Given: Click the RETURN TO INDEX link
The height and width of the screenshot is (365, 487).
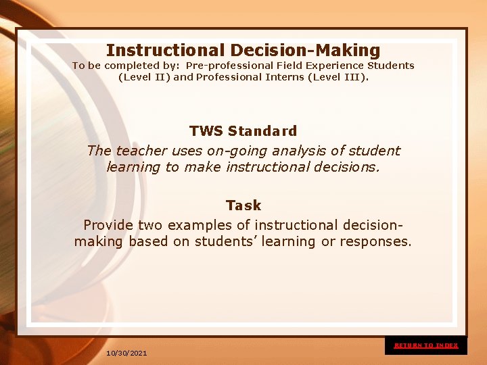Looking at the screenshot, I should (x=426, y=345).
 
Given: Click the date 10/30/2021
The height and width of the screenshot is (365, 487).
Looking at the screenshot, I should (x=126, y=354).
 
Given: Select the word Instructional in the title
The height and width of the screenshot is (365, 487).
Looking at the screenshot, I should (x=165, y=50).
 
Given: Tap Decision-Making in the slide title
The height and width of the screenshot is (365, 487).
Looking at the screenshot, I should (x=305, y=50).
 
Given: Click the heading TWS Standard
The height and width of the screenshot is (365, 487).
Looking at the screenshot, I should (x=243, y=130).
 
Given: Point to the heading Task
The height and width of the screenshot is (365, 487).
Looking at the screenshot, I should (x=243, y=205).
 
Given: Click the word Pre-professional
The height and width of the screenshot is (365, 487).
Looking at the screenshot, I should (x=229, y=66).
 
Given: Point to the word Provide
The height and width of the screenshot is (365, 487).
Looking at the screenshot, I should (x=108, y=225).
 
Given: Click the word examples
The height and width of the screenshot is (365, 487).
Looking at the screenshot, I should (x=198, y=225).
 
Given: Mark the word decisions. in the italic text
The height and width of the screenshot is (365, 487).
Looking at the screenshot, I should (x=348, y=167).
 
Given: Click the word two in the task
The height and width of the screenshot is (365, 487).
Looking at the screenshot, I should (x=150, y=225).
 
